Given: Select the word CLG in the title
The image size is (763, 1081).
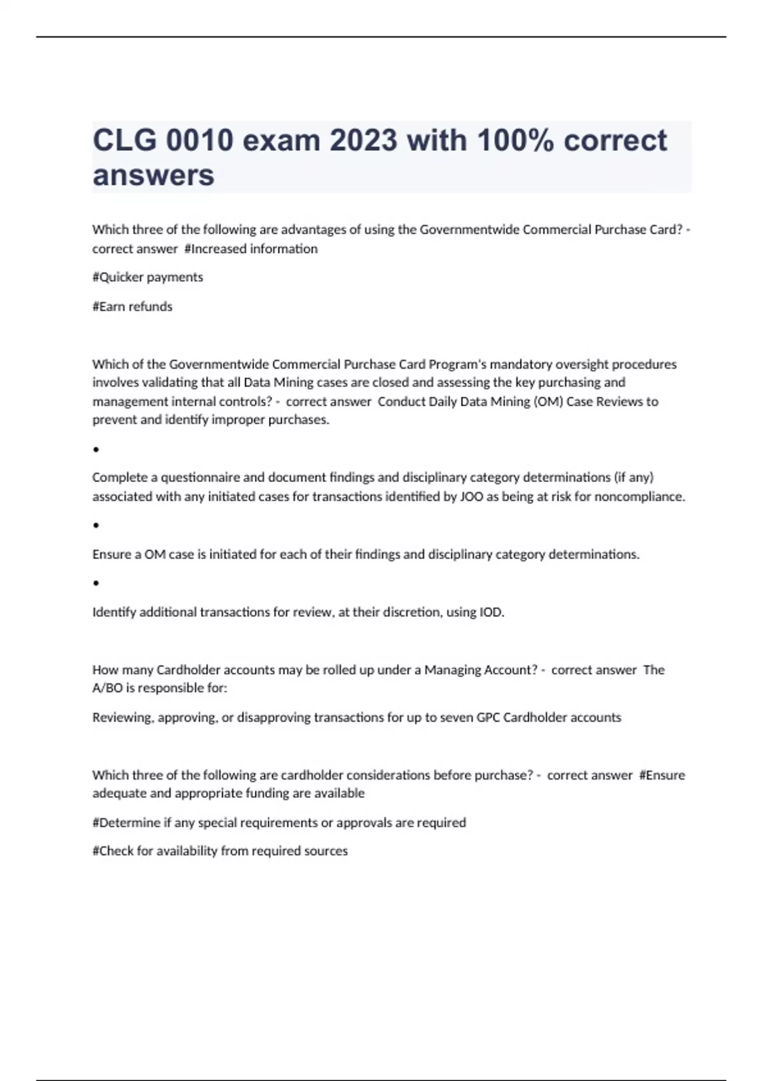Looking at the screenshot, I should (125, 141).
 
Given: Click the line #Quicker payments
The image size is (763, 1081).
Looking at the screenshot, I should (148, 277).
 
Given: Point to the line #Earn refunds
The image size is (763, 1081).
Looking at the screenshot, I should (132, 306).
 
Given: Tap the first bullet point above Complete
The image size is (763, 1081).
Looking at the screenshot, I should (96, 450).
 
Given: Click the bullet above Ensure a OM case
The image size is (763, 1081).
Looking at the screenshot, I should (96, 525).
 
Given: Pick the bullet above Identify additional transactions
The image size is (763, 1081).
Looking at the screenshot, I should (96, 582).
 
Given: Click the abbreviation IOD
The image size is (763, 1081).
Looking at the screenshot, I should (491, 612).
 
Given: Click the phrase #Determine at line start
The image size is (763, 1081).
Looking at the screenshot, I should (126, 823).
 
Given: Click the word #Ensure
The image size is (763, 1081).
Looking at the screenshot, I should (662, 775).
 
